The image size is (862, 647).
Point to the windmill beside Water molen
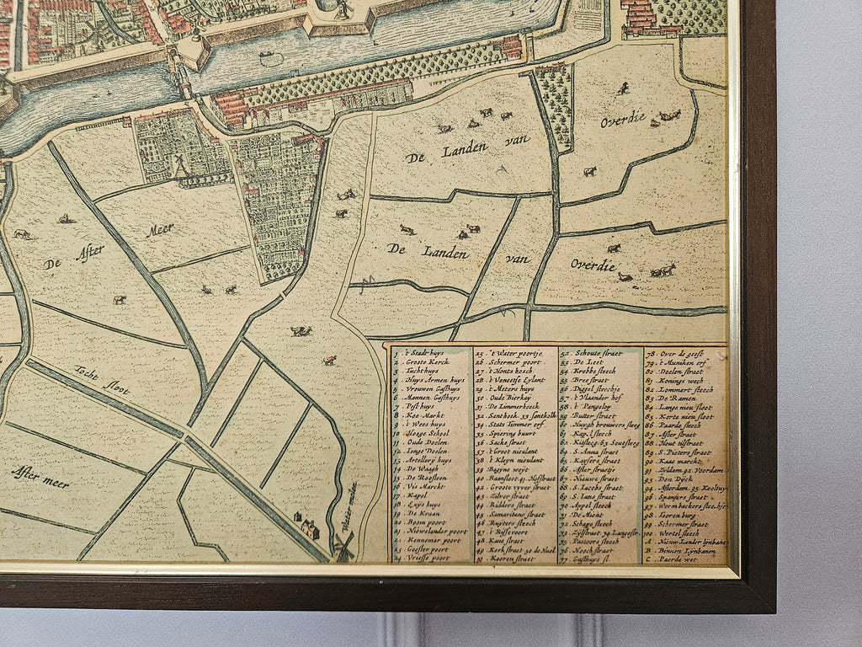click(x=343, y=547)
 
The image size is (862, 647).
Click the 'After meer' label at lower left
click(x=40, y=477)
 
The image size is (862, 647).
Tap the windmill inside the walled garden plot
click(x=180, y=164)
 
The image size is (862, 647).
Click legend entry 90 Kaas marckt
click(x=678, y=462)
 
